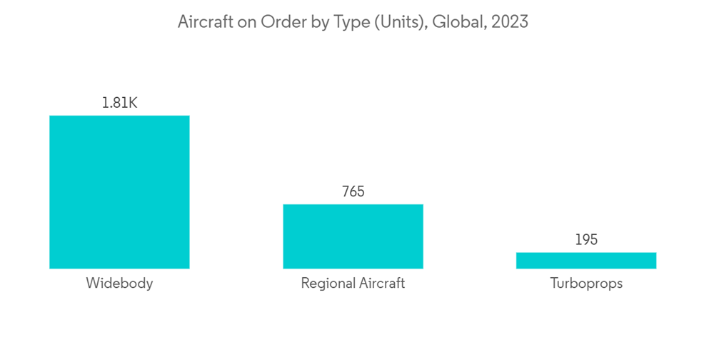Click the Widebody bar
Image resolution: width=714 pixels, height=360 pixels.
pos(119,192)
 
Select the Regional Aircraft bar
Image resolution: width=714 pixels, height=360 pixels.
pos(353,236)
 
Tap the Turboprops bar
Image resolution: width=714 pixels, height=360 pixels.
pos(586,261)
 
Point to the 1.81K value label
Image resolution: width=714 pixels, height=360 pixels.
pos(119,103)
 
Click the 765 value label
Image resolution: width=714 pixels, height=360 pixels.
pos(353,192)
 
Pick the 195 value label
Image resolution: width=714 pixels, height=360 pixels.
pos(586,240)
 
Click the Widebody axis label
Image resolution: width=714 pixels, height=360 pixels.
pos(119,284)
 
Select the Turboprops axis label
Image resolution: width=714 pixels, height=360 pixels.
pos(586,284)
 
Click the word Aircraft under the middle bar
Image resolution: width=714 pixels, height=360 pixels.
pos(381,284)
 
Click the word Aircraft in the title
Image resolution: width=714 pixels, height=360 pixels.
pos(203,22)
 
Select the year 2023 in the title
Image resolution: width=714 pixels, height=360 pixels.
pos(508,22)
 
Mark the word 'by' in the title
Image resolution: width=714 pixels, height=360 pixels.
pos(314,22)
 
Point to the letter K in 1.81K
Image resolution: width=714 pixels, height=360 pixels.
pos(132,103)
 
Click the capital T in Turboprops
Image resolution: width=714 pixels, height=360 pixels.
pos(554,284)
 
